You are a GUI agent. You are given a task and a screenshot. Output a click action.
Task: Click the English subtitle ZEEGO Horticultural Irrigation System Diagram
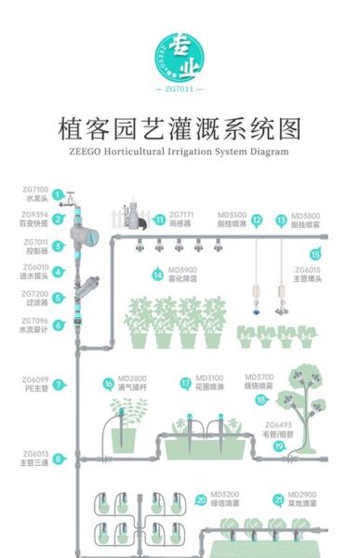pyautogui.click(x=180, y=151)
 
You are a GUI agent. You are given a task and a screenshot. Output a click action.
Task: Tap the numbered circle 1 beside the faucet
pyautogui.click(x=58, y=195)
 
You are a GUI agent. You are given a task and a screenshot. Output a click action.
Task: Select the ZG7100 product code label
pyautogui.click(x=35, y=193)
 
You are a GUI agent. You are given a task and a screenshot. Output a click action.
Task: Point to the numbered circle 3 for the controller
pyautogui.click(x=58, y=246)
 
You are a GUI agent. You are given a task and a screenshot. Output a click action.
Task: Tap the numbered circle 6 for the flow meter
pyautogui.click(x=58, y=325)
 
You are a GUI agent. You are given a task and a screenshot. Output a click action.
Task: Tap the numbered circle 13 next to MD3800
pyautogui.click(x=281, y=220)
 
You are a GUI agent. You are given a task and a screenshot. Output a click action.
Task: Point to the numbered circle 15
pyautogui.click(x=315, y=253)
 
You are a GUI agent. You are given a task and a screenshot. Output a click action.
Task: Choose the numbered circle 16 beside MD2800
pyautogui.click(x=109, y=383)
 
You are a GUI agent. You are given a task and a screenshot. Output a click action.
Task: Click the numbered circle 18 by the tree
pyautogui.click(x=261, y=399)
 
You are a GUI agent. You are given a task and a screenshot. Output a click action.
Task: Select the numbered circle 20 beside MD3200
pyautogui.click(x=201, y=498)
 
